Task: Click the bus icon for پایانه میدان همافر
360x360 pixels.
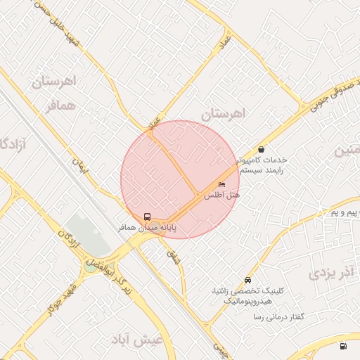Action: [148, 217]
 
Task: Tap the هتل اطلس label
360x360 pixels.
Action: [222, 195]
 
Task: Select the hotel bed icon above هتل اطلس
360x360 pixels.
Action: [222, 185]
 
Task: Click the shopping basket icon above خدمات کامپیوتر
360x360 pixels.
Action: [262, 149]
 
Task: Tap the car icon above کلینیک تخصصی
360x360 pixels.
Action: [247, 279]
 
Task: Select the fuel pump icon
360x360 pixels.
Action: [343, 346]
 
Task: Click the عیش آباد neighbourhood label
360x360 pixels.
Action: [137, 340]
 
